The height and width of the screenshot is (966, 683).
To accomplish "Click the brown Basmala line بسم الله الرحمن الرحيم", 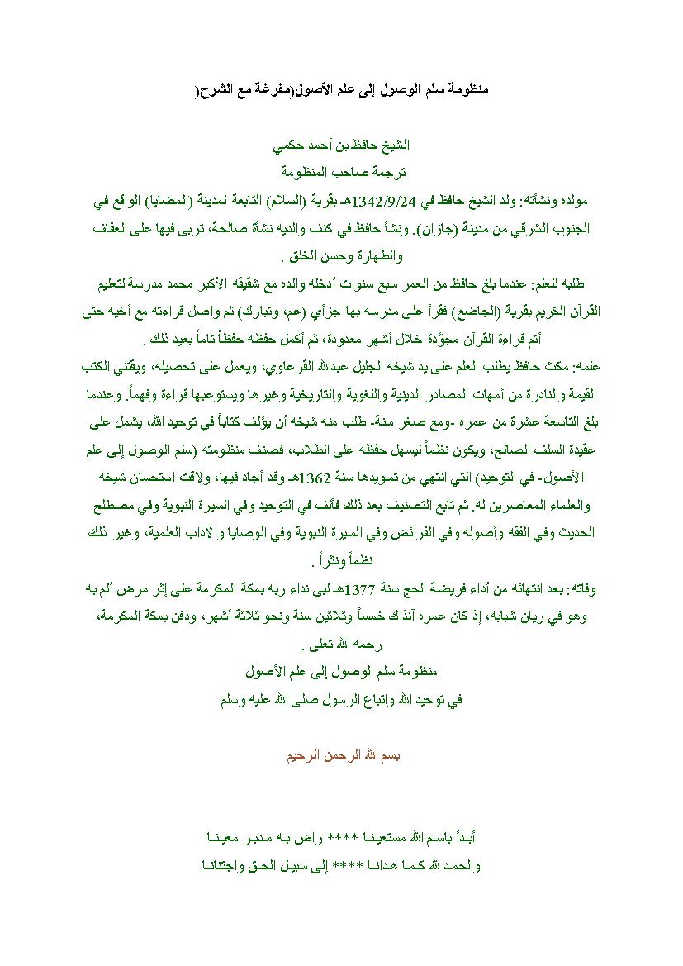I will (341, 756).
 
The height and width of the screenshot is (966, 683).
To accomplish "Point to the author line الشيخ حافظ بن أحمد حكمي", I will (342, 145).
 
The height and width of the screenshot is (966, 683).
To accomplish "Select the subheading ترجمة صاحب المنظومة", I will (341, 172).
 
